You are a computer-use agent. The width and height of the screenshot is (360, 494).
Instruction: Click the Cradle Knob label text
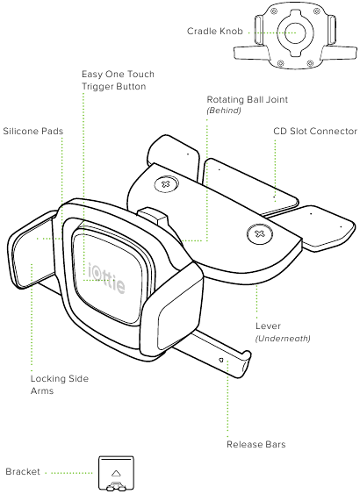point(215,32)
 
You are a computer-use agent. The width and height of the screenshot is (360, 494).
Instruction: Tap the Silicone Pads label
point(33,131)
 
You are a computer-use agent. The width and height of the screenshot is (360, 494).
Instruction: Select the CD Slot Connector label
point(315,131)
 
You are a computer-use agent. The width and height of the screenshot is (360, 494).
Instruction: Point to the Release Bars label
point(256,444)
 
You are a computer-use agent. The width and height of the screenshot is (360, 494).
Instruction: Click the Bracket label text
point(23,472)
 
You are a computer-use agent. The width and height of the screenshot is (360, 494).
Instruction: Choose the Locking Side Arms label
point(59,384)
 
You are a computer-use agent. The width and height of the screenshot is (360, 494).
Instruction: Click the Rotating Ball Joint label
point(247,99)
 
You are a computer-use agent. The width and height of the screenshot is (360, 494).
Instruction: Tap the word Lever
point(268,326)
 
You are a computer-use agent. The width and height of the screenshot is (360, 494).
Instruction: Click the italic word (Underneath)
point(283,339)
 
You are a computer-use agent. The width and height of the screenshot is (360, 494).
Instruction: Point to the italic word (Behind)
point(224,111)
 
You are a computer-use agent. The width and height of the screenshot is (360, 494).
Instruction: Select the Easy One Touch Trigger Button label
point(118,80)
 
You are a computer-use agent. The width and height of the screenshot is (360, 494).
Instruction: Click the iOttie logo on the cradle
point(106,277)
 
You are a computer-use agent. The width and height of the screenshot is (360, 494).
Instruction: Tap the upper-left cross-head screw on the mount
point(166,183)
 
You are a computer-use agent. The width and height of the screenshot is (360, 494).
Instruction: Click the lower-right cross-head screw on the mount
point(259,233)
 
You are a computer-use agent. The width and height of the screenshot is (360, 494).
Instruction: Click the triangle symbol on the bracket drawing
point(116,473)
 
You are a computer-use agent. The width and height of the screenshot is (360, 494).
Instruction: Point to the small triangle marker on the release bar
point(220,360)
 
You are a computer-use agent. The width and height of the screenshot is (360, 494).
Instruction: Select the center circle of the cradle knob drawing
point(295,32)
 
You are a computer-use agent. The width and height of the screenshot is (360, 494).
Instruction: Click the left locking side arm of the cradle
point(30,249)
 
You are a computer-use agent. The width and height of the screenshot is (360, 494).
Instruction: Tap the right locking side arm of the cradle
point(172,311)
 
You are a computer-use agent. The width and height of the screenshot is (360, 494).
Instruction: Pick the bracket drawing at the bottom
point(116,474)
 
